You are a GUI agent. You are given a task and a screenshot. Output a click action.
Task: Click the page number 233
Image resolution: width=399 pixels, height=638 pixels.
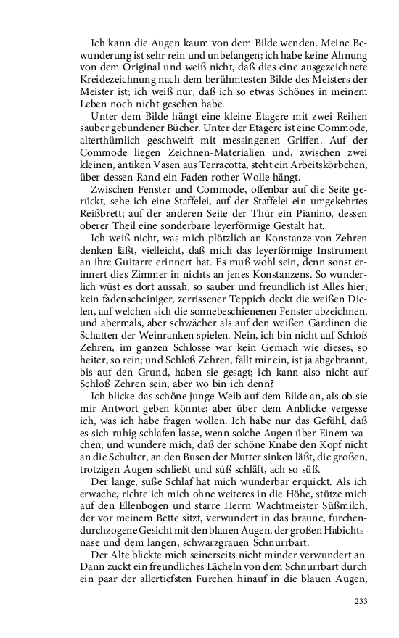click(361, 601)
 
